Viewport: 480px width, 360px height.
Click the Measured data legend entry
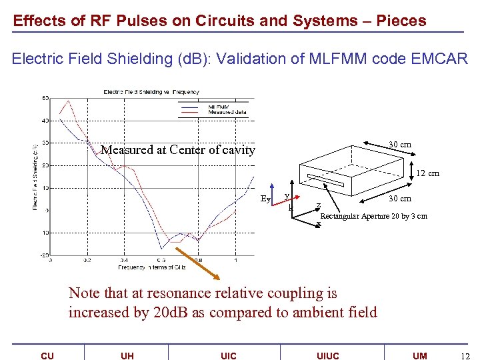[x=227, y=112]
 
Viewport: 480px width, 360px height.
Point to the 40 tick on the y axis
[x=45, y=121]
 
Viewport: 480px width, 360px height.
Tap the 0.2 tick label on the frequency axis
[x=87, y=261]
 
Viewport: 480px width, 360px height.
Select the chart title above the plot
[x=151, y=91]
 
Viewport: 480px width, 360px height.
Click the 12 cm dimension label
[x=427, y=173]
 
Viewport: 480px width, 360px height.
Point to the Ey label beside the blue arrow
[x=265, y=199]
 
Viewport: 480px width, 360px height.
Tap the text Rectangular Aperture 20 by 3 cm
[x=373, y=216]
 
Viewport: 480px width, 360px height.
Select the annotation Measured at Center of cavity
[x=177, y=150]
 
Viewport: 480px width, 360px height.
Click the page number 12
[x=465, y=356]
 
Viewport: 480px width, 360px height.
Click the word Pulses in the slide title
[x=142, y=21]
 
